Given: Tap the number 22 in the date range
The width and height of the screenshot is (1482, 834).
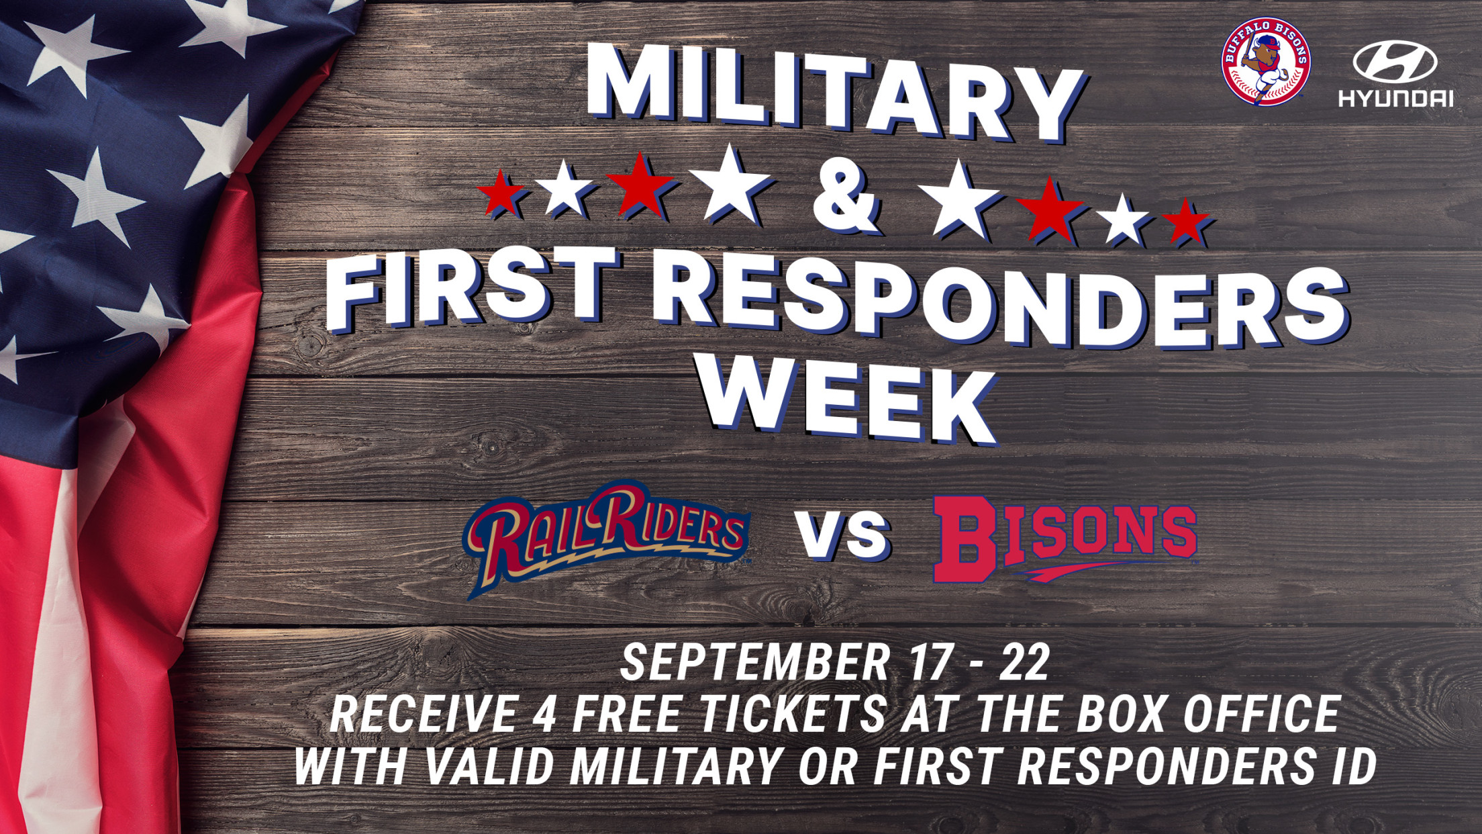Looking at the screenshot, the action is click(1024, 663).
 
